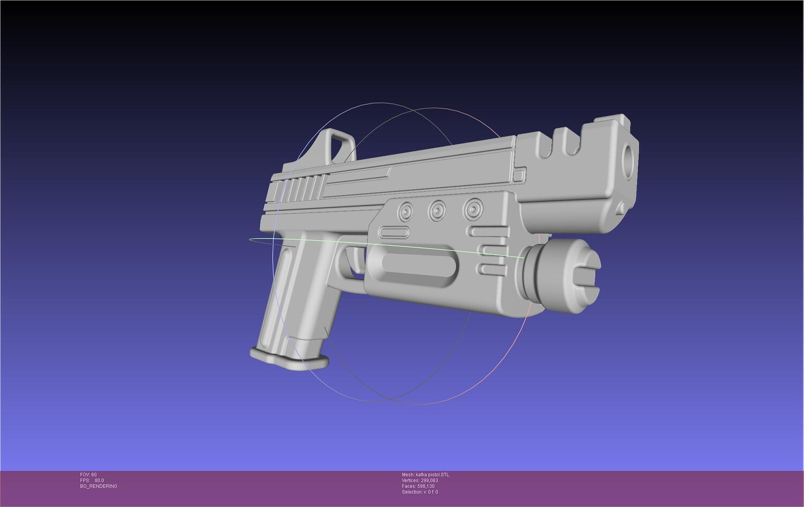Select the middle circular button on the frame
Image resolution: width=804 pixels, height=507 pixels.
click(437, 209)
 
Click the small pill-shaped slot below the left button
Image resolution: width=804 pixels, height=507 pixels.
click(394, 232)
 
